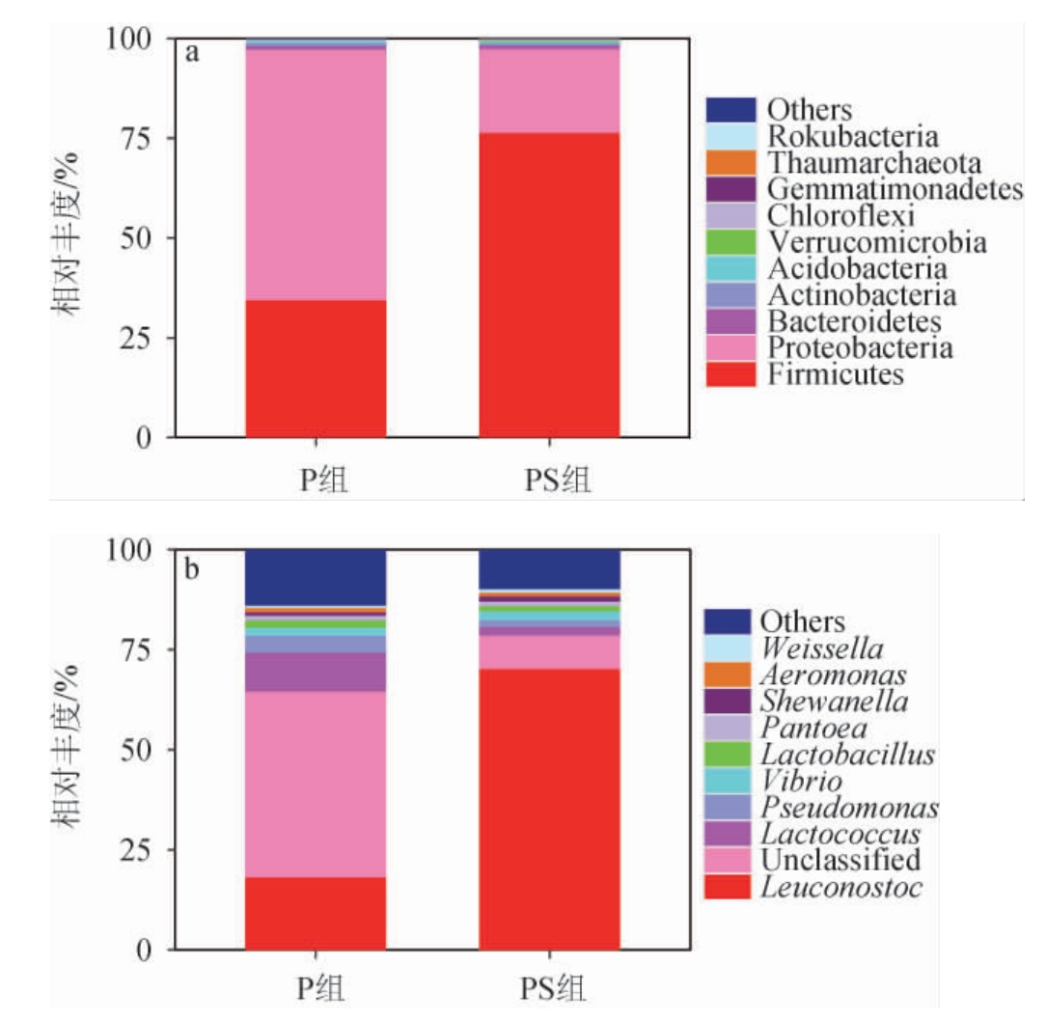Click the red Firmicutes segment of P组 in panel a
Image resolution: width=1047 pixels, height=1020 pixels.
(x=316, y=369)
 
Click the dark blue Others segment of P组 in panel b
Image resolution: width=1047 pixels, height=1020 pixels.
(x=316, y=576)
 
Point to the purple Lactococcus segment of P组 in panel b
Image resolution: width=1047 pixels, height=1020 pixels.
(x=316, y=672)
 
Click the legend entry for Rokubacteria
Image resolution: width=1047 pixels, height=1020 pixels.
(x=853, y=136)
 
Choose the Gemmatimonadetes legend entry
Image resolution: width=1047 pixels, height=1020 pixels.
(x=895, y=189)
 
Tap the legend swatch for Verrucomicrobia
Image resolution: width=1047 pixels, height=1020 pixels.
(x=729, y=242)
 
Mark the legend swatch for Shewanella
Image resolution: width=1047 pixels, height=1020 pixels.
(x=729, y=701)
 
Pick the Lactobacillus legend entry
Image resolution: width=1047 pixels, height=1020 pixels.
(x=847, y=754)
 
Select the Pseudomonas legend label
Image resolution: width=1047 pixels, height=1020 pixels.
(x=849, y=807)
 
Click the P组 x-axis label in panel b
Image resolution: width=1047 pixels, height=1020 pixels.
(x=316, y=990)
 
